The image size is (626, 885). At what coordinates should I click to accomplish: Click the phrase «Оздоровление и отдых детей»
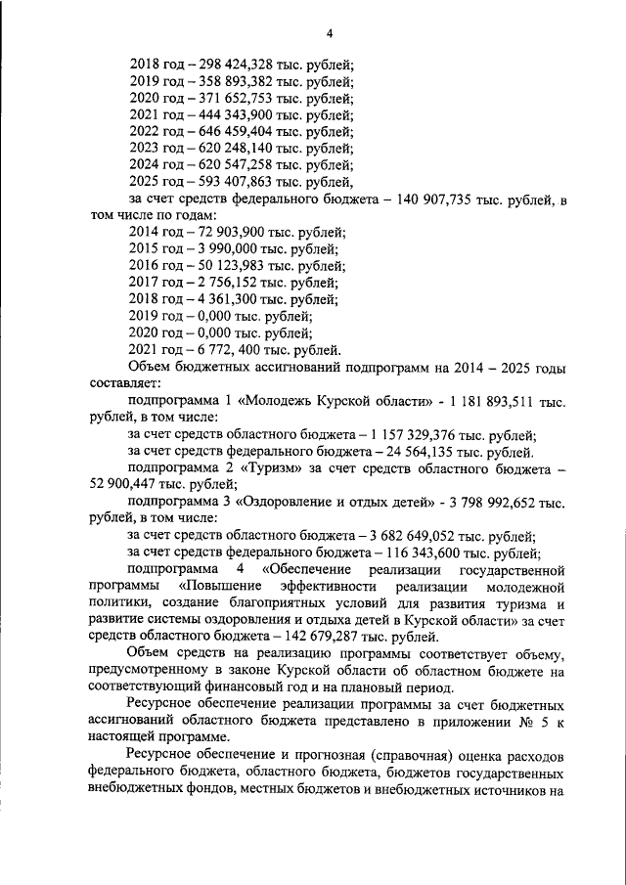coord(342,503)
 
